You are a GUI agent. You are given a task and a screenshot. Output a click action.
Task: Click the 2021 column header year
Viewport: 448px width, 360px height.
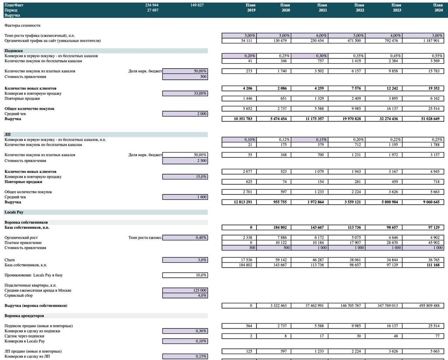(x=323, y=10)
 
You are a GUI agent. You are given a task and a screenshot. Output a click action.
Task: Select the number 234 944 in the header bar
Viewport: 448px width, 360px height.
(x=152, y=5)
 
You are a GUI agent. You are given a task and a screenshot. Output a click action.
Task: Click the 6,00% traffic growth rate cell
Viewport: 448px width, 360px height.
(x=309, y=35)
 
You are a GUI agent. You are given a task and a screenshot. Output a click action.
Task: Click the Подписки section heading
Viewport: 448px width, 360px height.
(x=14, y=51)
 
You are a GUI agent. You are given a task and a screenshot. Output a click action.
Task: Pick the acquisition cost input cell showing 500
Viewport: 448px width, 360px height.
(x=185, y=76)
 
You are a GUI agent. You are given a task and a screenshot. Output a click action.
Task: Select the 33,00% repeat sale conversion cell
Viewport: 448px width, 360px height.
(x=185, y=93)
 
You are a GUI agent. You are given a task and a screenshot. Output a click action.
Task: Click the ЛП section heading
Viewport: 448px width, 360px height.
(x=7, y=134)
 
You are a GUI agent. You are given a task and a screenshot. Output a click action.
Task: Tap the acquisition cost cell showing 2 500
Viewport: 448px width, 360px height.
(x=185, y=161)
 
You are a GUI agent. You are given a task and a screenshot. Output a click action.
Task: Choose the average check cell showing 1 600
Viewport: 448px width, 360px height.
(x=185, y=197)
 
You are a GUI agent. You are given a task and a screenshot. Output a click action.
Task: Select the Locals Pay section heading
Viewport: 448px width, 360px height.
(x=14, y=212)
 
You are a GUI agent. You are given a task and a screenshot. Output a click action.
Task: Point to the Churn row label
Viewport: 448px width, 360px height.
(x=10, y=260)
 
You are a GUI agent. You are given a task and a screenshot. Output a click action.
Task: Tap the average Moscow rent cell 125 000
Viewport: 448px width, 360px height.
(x=185, y=290)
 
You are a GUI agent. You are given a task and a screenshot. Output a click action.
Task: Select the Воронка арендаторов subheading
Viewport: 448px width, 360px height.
(x=24, y=316)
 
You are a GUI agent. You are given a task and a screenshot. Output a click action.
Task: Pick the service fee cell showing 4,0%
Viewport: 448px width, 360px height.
(x=185, y=295)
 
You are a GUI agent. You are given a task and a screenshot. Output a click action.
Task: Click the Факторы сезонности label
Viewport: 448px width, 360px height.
(x=22, y=25)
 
